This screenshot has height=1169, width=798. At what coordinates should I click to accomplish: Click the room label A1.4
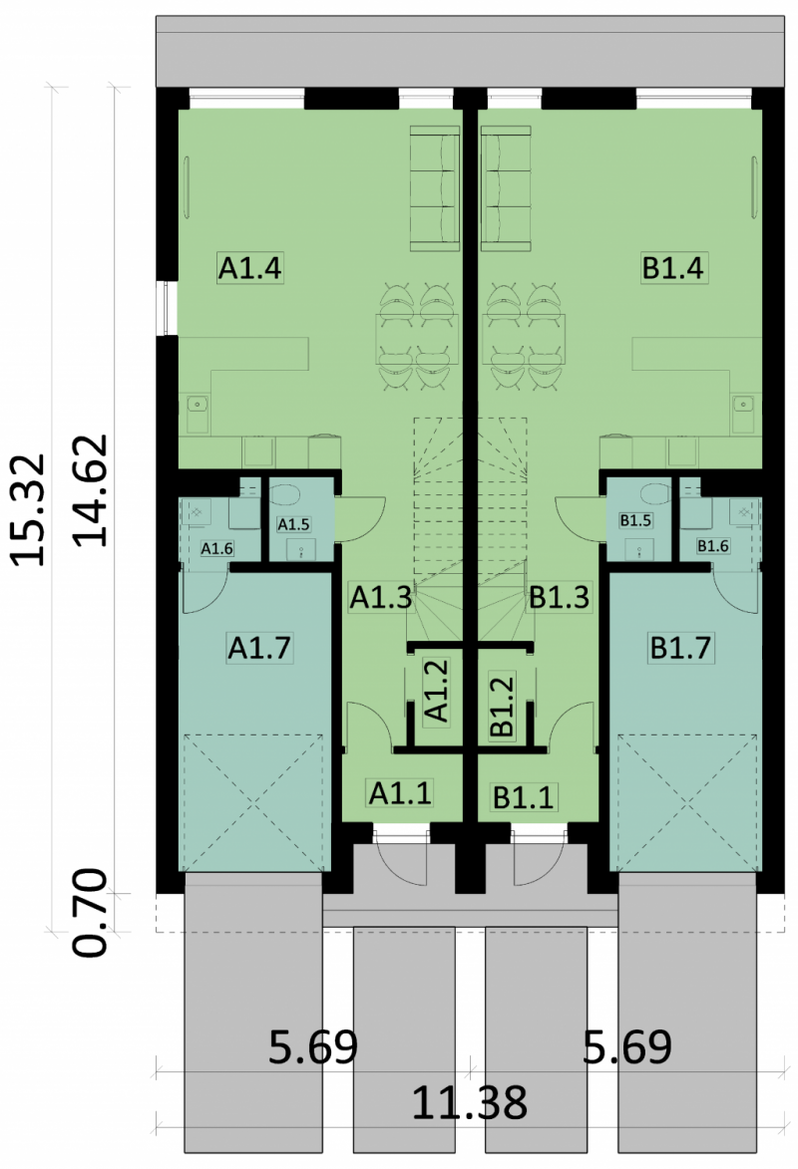pyautogui.click(x=250, y=267)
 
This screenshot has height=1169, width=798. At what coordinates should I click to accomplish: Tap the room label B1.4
pyautogui.click(x=673, y=267)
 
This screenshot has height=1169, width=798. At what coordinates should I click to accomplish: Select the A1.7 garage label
pyautogui.click(x=259, y=647)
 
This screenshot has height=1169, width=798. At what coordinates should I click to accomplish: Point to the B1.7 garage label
pyautogui.click(x=681, y=647)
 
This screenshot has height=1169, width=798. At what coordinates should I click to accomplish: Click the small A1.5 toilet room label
pyautogui.click(x=293, y=524)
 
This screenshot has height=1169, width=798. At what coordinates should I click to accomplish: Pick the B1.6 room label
pyautogui.click(x=713, y=546)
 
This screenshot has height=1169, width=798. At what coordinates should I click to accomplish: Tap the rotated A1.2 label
pyautogui.click(x=436, y=691)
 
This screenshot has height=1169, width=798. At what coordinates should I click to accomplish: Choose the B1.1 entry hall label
pyautogui.click(x=524, y=797)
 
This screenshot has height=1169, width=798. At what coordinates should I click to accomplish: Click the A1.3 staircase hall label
pyautogui.click(x=381, y=597)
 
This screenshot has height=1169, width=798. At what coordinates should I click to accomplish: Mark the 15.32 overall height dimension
pyautogui.click(x=28, y=509)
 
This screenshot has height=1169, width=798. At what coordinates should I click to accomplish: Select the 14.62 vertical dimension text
pyautogui.click(x=91, y=490)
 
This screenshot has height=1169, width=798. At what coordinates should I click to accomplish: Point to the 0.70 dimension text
pyautogui.click(x=91, y=913)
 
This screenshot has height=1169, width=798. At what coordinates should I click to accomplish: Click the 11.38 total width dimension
pyautogui.click(x=470, y=1102)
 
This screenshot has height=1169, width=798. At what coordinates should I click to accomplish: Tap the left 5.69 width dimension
pyautogui.click(x=313, y=1046)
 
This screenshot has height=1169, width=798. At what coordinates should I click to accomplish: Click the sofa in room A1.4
pyautogui.click(x=435, y=188)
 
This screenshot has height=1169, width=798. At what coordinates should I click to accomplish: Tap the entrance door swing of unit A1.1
pyautogui.click(x=401, y=854)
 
